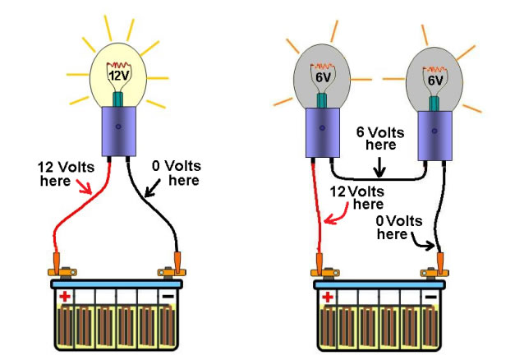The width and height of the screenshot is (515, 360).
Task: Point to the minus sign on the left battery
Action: coord(168,295)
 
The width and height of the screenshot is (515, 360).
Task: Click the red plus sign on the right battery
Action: coord(327,296)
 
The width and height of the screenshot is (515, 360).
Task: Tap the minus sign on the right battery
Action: coord(430,295)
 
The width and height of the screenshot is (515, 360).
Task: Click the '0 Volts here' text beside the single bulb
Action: coord(177,173)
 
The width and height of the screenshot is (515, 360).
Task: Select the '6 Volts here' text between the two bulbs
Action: coord(380,138)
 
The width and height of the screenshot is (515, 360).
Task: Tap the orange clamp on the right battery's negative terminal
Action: coord(439,265)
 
